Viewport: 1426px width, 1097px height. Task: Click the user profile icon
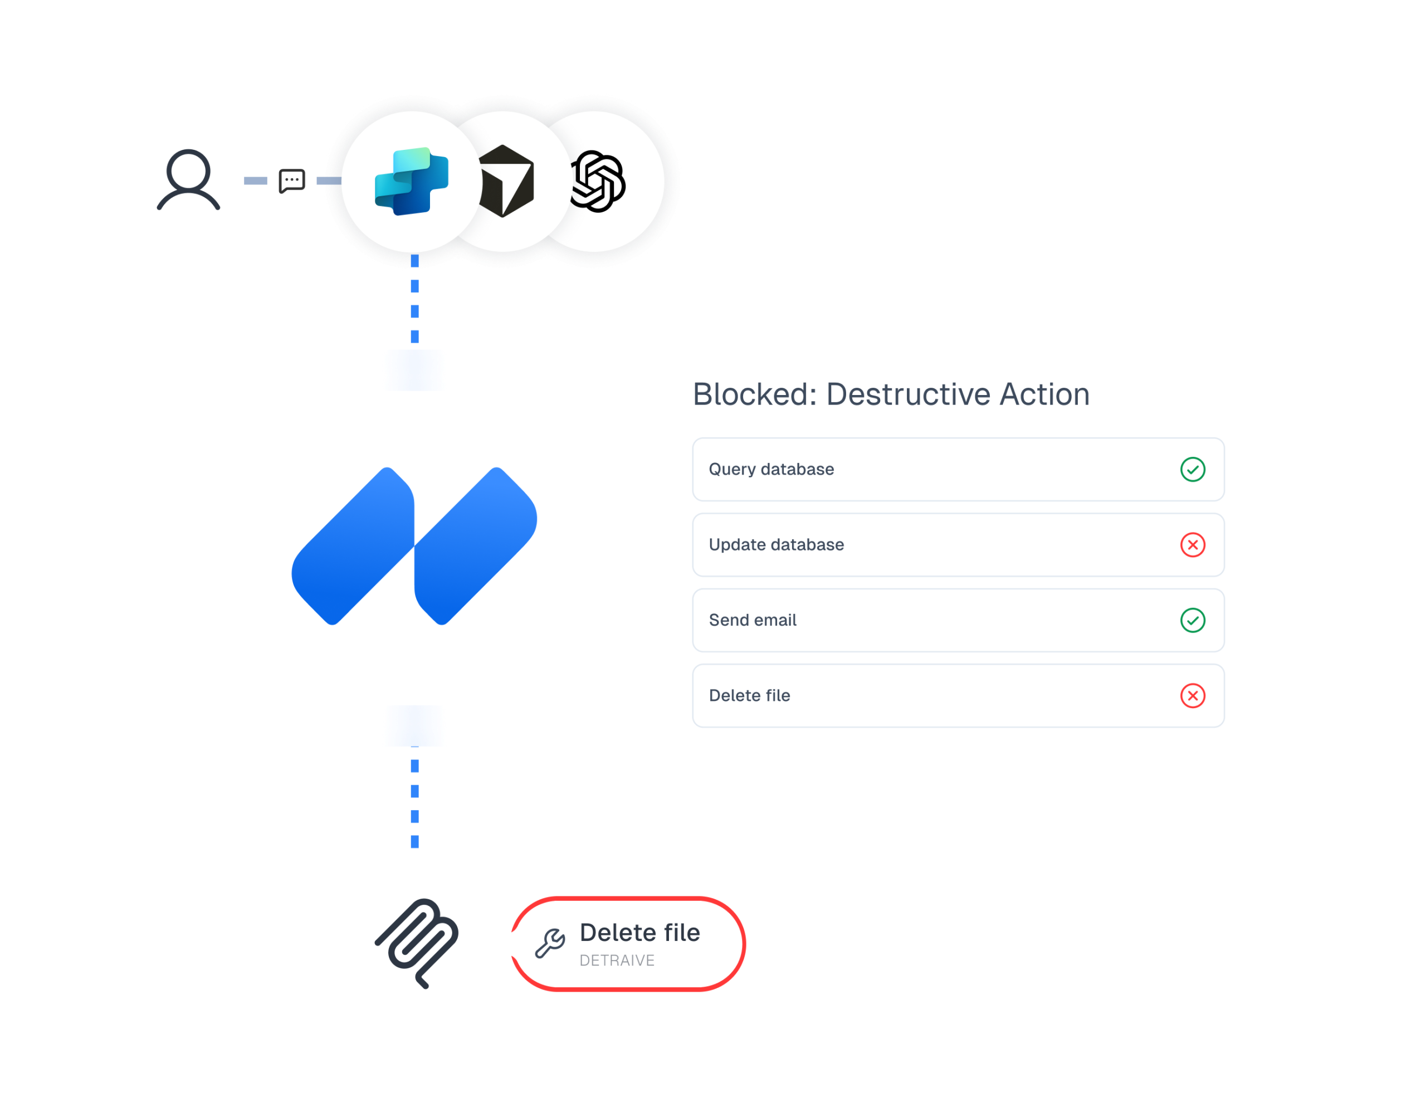(x=188, y=180)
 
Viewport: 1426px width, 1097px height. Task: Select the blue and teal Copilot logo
(x=411, y=181)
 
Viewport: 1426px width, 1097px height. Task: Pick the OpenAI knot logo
(x=598, y=181)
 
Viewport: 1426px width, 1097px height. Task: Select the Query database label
(x=771, y=470)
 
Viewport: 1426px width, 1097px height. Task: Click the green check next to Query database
(x=1192, y=470)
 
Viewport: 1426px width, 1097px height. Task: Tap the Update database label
(x=777, y=544)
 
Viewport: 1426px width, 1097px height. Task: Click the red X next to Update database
(x=1192, y=544)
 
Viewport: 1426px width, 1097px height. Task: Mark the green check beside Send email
(x=1192, y=620)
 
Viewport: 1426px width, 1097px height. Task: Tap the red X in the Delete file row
(x=1192, y=695)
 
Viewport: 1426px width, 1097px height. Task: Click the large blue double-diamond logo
(x=414, y=546)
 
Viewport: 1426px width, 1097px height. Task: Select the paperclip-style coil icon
(x=417, y=943)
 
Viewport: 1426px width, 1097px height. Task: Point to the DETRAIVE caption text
(x=617, y=961)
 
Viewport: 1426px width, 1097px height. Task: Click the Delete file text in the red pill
(x=639, y=933)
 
